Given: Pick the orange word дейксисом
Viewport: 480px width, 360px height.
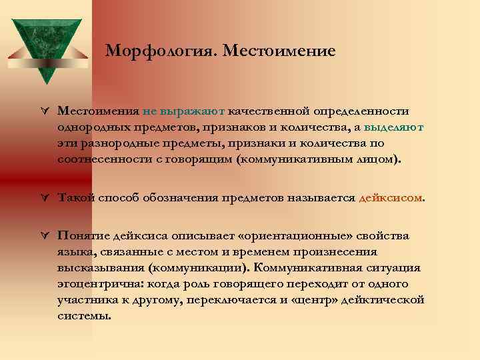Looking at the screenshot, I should tap(390, 198).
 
